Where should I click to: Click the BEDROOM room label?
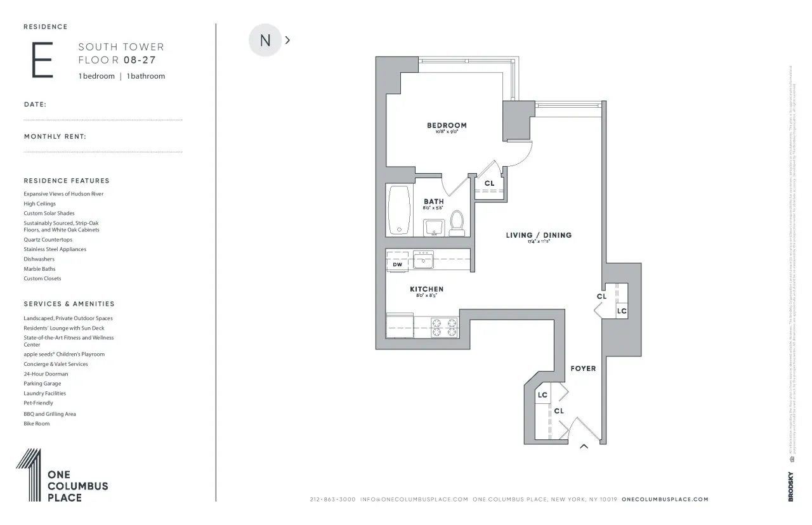[447, 126]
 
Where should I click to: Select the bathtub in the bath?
[399, 211]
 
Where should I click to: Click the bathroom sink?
[434, 227]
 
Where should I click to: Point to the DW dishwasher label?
[398, 264]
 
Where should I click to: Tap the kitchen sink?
[423, 259]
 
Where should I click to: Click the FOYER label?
[583, 368]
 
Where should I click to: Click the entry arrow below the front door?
[584, 447]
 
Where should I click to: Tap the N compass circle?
[265, 40]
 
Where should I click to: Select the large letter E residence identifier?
[42, 60]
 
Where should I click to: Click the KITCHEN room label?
[426, 289]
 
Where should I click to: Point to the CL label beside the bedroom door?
[489, 184]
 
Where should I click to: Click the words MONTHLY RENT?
[55, 136]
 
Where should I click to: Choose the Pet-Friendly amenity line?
[39, 403]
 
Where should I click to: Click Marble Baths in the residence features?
[39, 269]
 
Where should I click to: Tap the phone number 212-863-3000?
[332, 500]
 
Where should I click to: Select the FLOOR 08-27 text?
[117, 62]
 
